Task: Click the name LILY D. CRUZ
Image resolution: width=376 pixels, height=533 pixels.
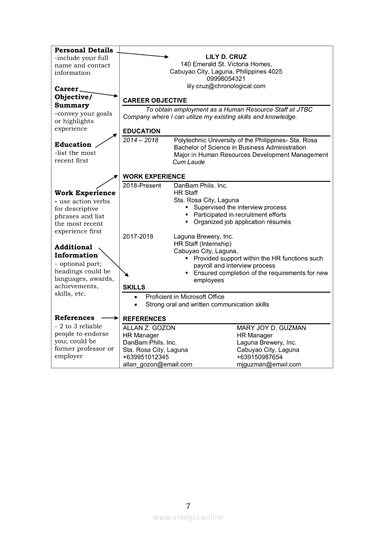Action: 226,57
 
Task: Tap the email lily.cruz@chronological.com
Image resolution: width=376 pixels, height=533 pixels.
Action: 226,86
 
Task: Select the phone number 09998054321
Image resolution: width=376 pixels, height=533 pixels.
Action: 226,79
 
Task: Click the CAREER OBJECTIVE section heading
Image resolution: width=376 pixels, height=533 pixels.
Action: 155,100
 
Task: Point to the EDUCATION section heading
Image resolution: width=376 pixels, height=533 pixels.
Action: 142,131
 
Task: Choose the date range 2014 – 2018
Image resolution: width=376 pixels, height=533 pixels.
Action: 141,140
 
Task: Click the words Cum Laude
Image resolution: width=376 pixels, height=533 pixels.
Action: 189,162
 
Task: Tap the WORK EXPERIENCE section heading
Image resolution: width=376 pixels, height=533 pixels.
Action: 154,176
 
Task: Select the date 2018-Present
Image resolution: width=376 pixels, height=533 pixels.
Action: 142,186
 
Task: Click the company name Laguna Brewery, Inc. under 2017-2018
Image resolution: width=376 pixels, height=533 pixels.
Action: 203,237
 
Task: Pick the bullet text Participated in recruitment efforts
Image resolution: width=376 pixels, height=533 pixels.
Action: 240,215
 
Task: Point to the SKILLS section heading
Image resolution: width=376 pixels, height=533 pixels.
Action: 134,287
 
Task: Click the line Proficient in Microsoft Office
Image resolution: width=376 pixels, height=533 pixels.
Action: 185,297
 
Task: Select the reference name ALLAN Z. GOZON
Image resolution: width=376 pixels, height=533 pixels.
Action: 149,328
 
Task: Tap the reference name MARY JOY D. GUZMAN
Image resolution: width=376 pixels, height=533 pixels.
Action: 271,328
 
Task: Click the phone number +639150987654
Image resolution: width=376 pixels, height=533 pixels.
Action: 259,357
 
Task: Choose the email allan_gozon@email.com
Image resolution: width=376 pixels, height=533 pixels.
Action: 158,364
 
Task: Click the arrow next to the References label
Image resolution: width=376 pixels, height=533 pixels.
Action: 110,318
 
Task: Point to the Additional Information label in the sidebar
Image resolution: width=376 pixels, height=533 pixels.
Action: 76,251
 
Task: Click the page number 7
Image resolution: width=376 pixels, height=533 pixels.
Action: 188,506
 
